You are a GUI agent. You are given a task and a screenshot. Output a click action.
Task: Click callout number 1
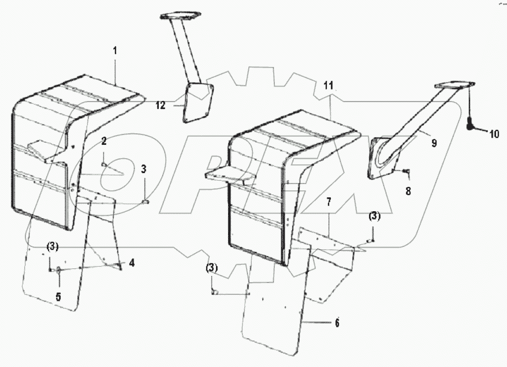point(115,51)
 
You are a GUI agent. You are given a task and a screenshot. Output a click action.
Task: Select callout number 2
point(104,141)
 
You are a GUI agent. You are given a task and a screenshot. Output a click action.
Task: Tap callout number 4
point(132,263)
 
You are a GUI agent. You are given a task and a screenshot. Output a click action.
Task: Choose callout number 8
point(408,191)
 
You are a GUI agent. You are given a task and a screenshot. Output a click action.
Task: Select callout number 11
point(329,85)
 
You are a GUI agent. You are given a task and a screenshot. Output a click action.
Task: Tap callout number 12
point(161,105)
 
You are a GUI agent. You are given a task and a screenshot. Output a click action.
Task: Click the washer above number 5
point(58,269)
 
